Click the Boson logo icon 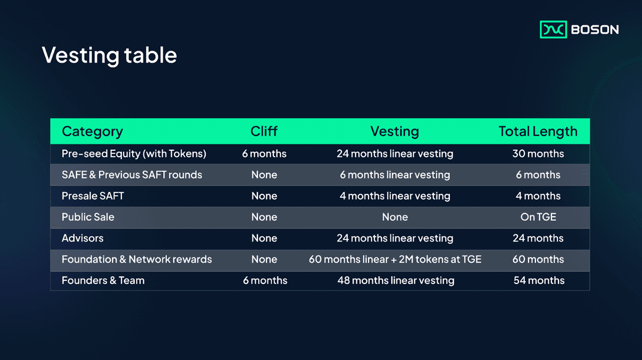coord(553,29)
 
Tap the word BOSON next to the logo coord(594,30)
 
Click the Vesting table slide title coord(109,55)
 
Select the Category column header coord(92,132)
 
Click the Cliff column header coord(264,132)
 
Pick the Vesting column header coord(394,132)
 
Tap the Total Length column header coord(538,132)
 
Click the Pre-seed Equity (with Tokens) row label coord(134,154)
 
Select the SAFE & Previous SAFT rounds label coord(132,175)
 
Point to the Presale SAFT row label coord(93,196)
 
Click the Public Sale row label coord(88,217)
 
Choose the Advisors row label coord(82,238)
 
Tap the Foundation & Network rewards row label coord(136,259)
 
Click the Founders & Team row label coord(103,280)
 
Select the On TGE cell coord(538,217)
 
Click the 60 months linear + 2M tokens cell coord(395,259)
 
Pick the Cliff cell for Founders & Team coord(264,280)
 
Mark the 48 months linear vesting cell coord(395,280)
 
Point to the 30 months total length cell coord(538,154)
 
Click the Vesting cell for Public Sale coord(395,217)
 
